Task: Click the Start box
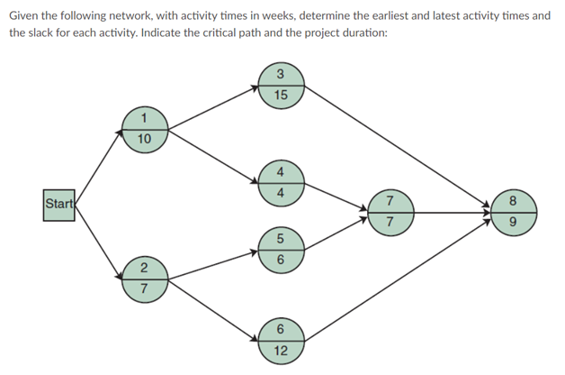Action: pyautogui.click(x=59, y=204)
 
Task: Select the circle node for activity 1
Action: pyautogui.click(x=145, y=128)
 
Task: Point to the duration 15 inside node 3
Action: pyautogui.click(x=281, y=95)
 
